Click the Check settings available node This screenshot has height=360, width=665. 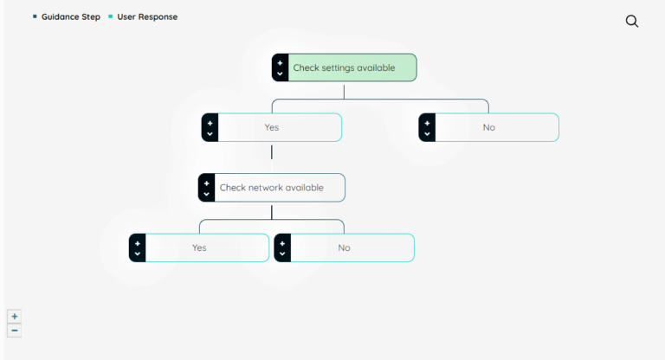pos(344,67)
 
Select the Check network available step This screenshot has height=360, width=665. pos(271,188)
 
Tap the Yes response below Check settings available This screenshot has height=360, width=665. pos(272,127)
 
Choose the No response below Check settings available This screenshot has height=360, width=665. pos(489,127)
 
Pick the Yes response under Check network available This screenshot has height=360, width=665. pos(199,247)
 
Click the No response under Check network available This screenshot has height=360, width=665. pos(344,247)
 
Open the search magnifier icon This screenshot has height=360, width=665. pos(632,22)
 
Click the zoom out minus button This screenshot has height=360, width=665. pos(15,331)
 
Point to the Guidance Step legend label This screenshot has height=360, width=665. pos(71,16)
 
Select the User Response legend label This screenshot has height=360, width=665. pos(147,16)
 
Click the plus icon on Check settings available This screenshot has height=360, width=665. pos(280,62)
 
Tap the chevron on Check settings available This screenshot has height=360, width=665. pos(280,74)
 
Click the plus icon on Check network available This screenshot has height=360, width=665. pos(206,183)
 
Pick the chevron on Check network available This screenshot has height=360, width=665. pos(206,194)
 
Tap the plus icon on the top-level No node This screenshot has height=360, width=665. pos(427,122)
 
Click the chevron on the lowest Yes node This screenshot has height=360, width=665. pos(137,254)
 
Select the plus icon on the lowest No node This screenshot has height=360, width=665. pos(282,242)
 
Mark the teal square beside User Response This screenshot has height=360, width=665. pos(111,16)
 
